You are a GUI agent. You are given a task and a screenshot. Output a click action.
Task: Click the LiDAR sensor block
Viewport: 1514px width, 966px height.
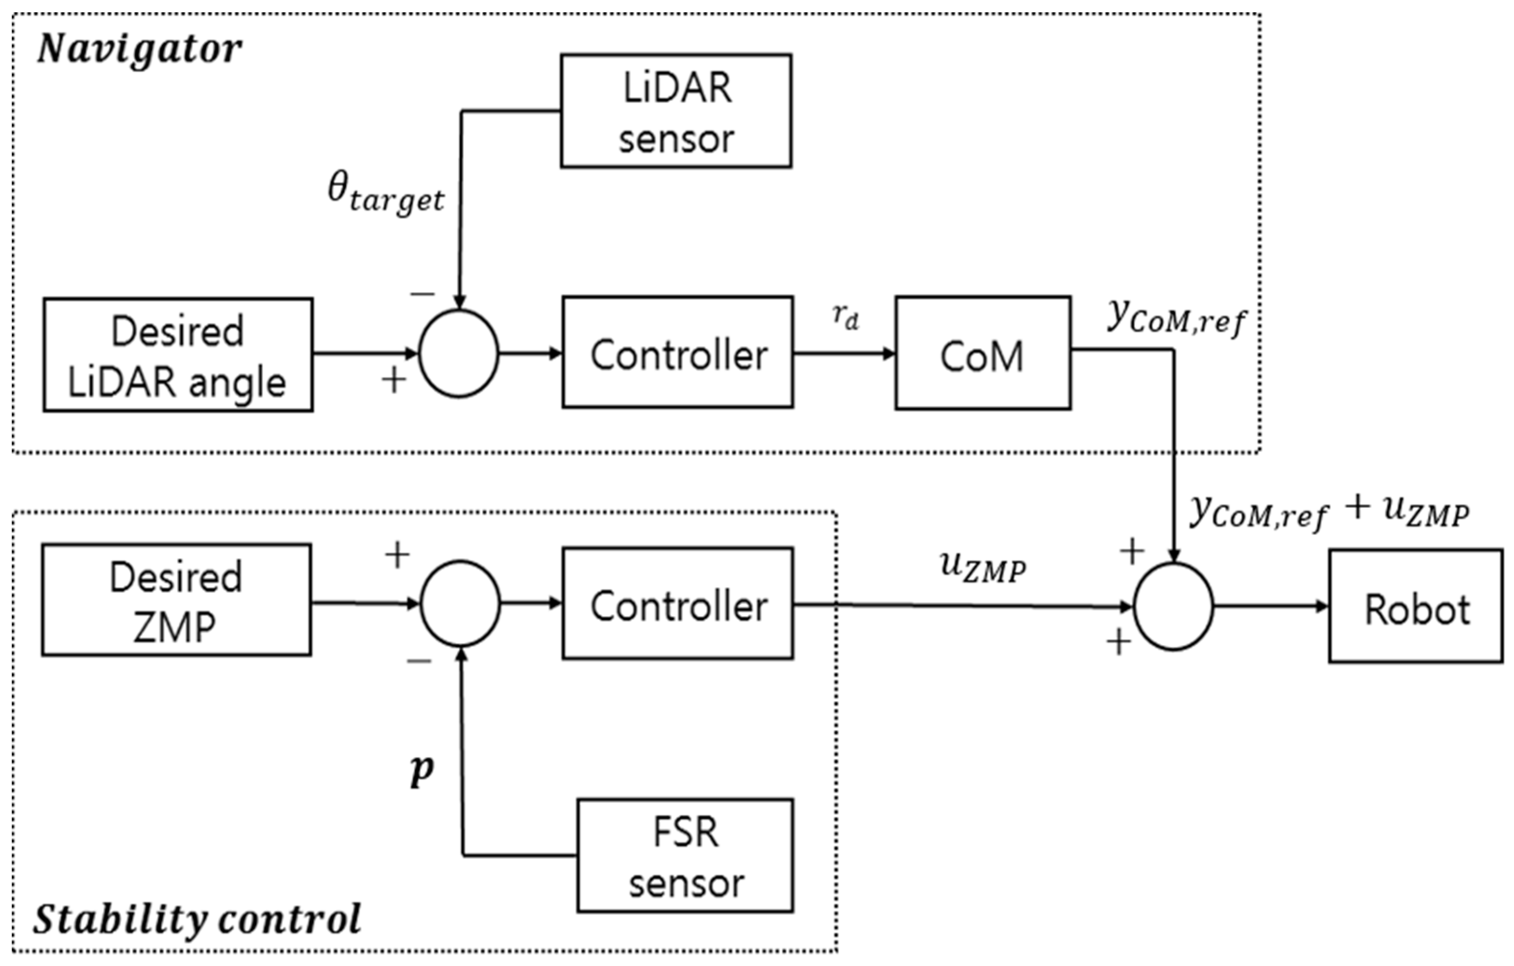click(676, 111)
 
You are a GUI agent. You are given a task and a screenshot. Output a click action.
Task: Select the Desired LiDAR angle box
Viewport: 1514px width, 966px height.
click(178, 355)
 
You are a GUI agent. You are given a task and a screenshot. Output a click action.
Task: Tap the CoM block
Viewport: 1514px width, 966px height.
click(983, 353)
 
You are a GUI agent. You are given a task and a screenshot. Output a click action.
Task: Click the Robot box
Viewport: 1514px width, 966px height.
click(1416, 606)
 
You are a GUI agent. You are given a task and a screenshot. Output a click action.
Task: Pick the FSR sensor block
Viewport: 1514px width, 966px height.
click(685, 855)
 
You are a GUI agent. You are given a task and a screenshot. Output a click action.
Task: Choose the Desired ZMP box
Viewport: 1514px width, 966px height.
click(176, 601)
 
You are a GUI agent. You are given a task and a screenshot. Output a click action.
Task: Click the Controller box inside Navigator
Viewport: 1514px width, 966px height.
click(678, 353)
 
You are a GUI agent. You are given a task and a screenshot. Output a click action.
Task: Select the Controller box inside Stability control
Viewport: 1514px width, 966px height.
click(678, 604)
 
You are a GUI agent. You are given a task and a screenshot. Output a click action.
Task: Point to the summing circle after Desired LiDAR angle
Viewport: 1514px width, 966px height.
click(458, 353)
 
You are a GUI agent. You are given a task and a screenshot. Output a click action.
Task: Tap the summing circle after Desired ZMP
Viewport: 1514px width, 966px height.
click(460, 604)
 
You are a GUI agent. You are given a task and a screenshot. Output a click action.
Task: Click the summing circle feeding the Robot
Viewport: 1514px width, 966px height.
click(1172, 606)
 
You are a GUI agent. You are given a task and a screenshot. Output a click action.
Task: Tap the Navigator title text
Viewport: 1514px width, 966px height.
click(140, 49)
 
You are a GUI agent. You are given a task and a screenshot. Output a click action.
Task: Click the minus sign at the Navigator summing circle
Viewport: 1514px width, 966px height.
click(422, 293)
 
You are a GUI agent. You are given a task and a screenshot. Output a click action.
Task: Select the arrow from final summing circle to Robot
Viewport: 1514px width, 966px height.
click(1270, 606)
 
